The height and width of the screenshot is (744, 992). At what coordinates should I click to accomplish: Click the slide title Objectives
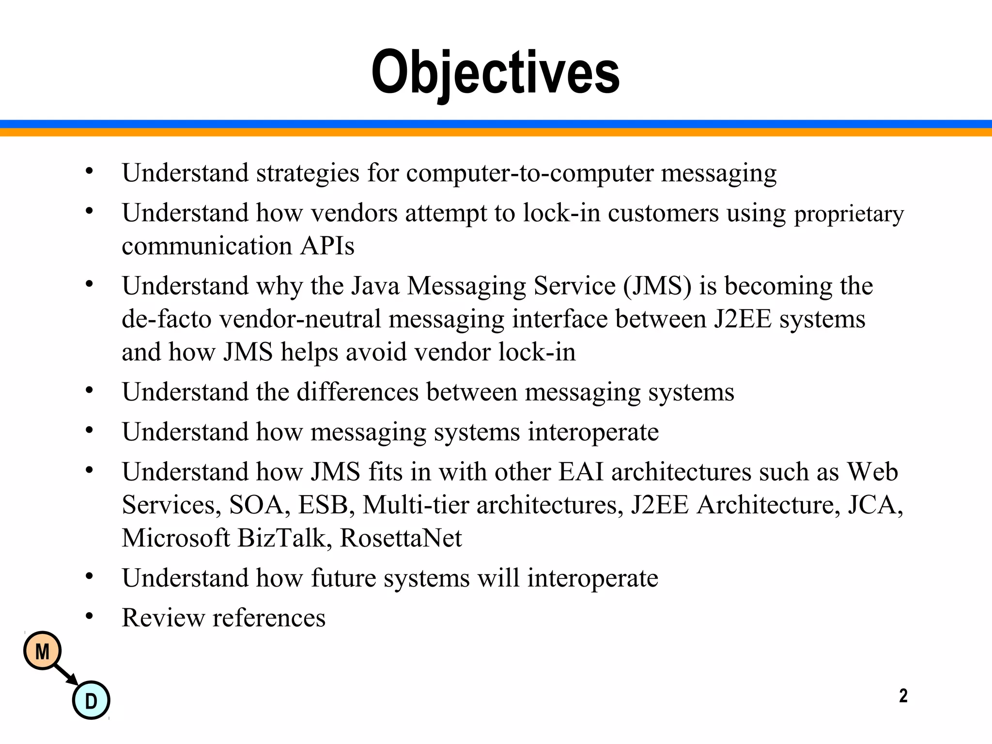point(495,73)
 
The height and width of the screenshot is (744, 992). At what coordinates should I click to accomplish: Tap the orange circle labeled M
point(43,651)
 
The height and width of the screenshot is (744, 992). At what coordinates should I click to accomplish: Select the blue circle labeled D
point(91,700)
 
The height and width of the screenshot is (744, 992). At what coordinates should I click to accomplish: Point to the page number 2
point(903,696)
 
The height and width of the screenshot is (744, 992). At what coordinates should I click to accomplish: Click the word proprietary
point(849,214)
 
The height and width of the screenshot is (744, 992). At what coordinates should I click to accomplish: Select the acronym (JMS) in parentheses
point(658,286)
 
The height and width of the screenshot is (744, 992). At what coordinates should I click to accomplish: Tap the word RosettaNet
point(401,538)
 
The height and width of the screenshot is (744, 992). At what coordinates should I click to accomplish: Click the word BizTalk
point(285,538)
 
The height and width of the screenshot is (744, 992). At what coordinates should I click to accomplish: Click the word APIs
point(327,246)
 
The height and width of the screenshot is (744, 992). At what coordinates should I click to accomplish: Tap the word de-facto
point(167,319)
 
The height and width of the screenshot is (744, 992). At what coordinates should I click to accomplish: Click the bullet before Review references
point(89,617)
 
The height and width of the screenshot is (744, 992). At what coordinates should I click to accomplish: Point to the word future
point(343,578)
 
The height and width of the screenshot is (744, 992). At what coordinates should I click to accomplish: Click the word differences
point(357,392)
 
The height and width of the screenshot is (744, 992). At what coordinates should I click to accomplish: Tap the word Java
point(375,286)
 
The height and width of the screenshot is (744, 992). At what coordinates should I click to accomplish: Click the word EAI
point(581,472)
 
